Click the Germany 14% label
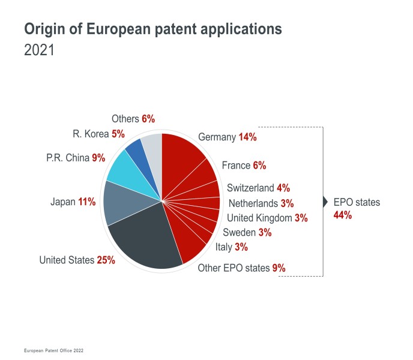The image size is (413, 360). click(227, 137)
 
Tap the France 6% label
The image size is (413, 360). click(244, 165)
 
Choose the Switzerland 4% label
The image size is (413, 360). click(259, 188)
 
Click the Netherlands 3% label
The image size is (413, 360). click(261, 203)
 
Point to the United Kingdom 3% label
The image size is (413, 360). click(267, 218)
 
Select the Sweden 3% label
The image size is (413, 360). click(247, 232)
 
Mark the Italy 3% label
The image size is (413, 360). click(231, 247)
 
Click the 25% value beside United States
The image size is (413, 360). click(106, 260)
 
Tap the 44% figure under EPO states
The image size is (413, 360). click(342, 215)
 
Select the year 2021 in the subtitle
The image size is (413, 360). click(39, 50)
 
